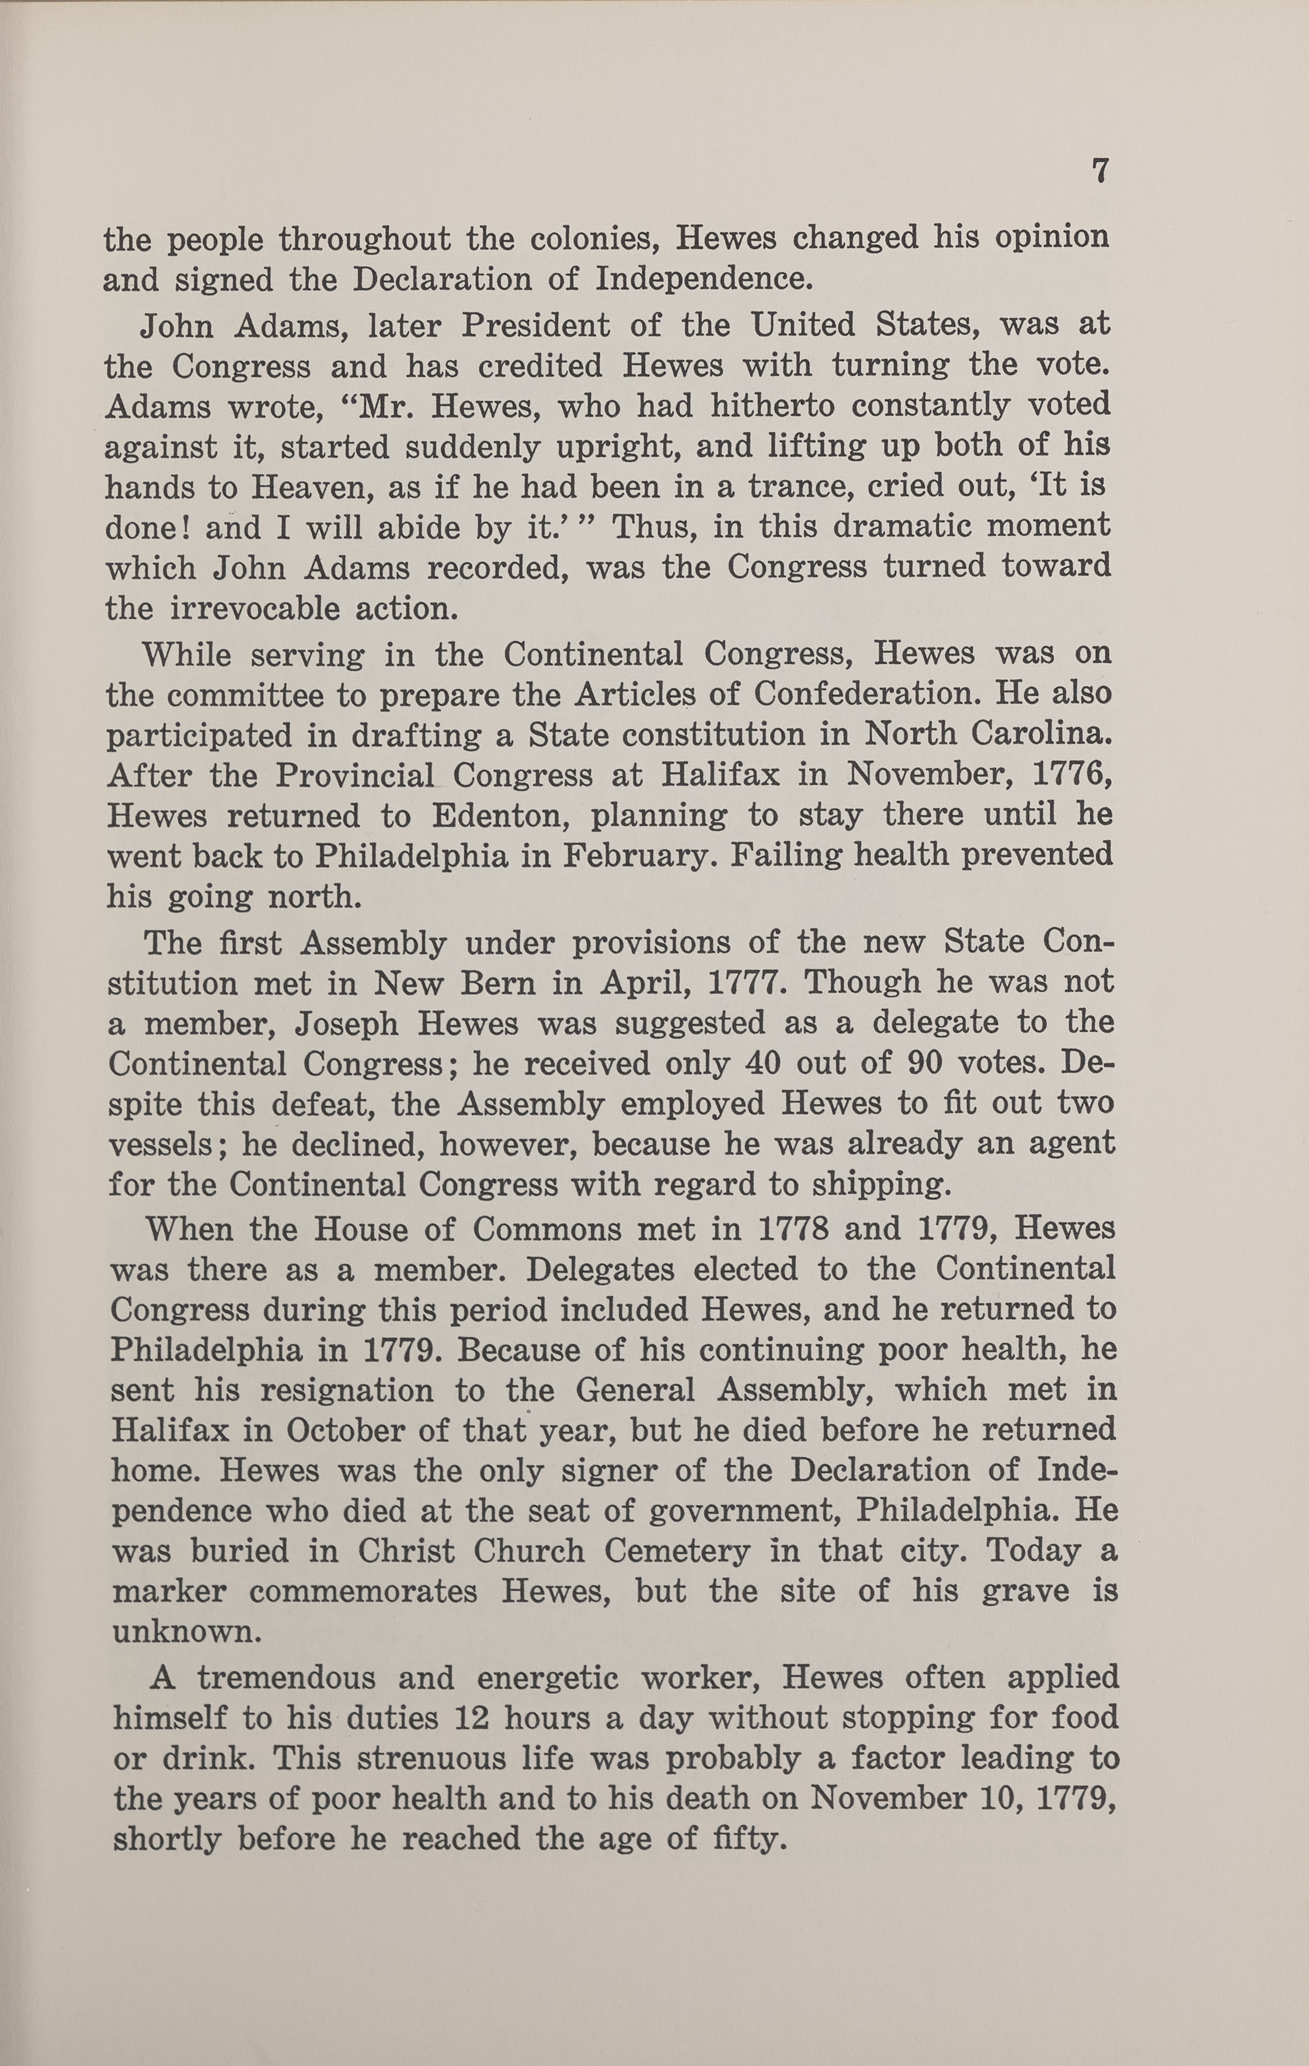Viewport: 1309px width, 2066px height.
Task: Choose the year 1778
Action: (793, 1229)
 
